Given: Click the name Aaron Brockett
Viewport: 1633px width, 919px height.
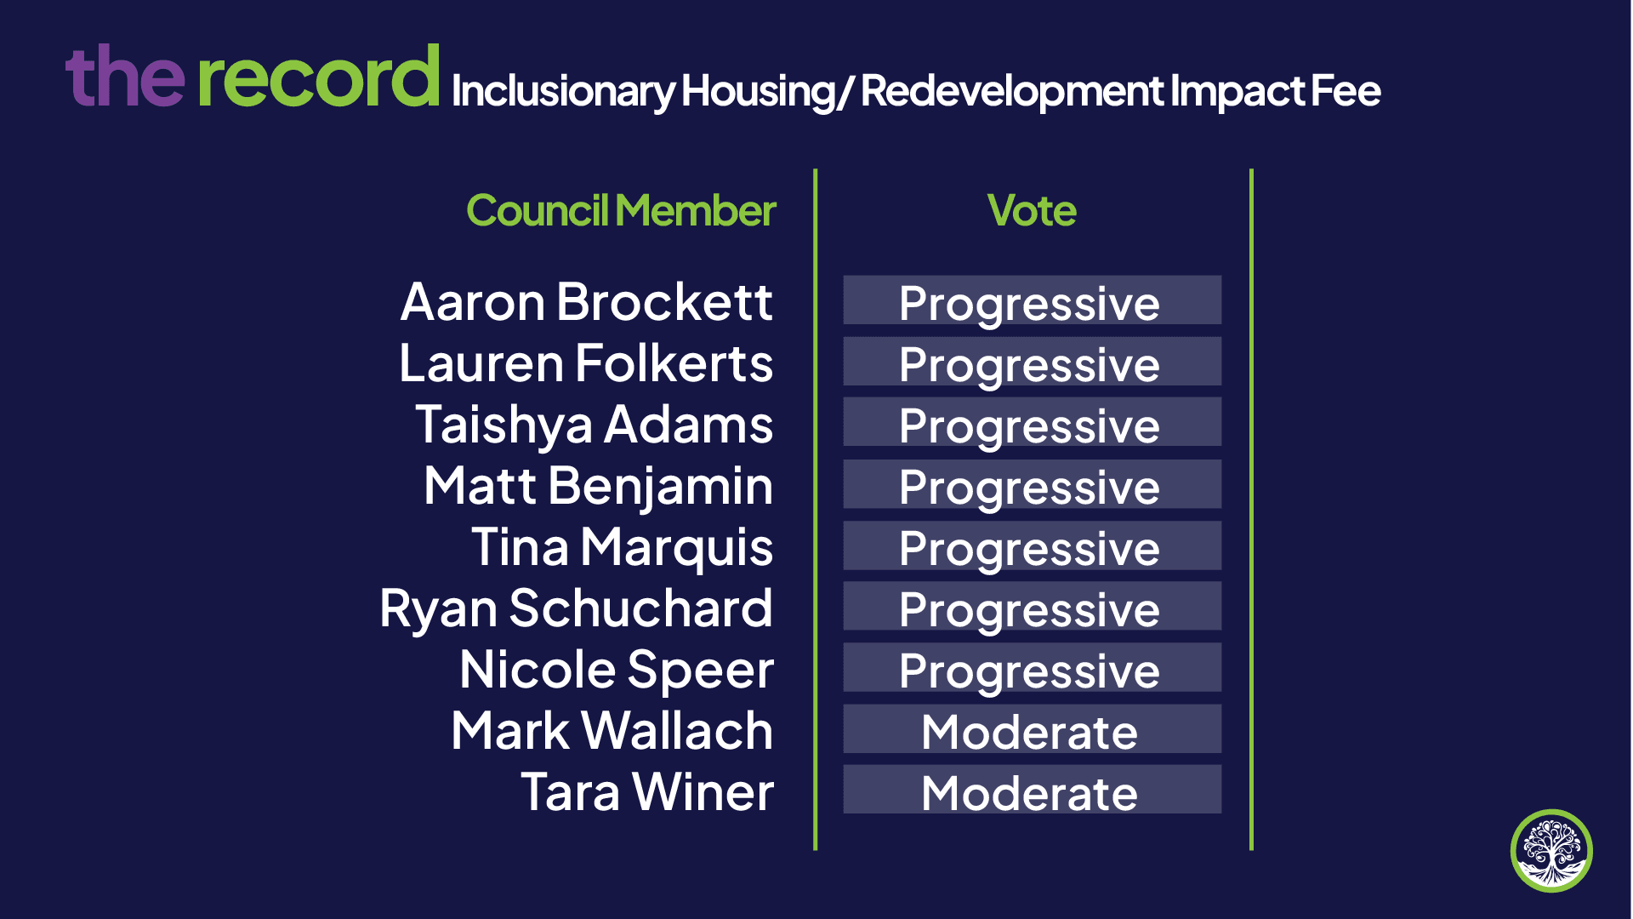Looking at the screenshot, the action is click(587, 302).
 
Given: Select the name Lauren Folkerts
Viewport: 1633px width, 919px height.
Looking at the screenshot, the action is click(586, 363).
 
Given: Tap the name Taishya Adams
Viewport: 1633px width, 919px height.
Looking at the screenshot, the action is click(594, 425).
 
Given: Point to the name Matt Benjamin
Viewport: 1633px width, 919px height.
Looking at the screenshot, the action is click(598, 487).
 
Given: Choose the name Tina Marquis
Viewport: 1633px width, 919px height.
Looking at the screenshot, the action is click(622, 548).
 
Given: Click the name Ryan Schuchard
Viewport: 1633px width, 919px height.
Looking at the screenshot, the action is click(576, 609).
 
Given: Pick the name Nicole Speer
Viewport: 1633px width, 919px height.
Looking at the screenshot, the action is click(617, 671).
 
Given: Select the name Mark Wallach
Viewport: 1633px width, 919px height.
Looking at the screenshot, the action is click(612, 731).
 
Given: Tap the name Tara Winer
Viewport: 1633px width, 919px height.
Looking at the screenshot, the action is click(647, 792).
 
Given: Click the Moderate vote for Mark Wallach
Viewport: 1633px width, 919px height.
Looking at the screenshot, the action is click(1032, 729).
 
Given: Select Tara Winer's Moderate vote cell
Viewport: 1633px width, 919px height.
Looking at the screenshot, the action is click(1032, 790).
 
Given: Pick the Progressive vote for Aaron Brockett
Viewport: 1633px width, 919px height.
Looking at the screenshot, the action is click(1032, 300).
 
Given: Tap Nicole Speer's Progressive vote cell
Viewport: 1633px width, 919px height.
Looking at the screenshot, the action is click(1032, 668).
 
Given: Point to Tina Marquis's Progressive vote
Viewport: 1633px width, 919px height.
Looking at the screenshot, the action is click(1032, 545).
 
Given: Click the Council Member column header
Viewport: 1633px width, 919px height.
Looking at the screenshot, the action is click(621, 210).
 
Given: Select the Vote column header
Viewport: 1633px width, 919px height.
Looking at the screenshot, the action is click(1032, 210).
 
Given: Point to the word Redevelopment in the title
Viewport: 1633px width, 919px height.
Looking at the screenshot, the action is click(1012, 92).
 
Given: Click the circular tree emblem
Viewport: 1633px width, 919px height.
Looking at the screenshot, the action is click(1551, 851).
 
